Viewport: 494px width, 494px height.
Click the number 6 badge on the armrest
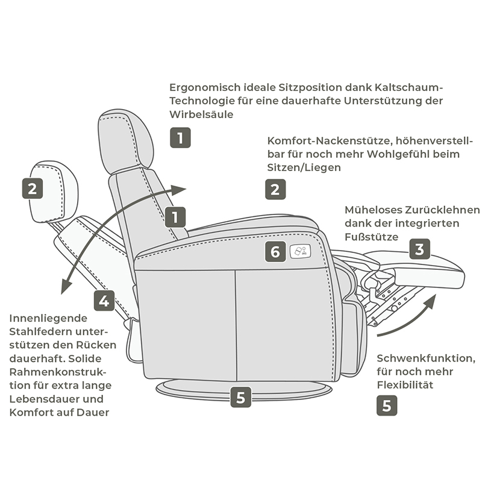275,251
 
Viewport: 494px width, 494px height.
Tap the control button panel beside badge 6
299,251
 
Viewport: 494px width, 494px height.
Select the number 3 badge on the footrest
419,249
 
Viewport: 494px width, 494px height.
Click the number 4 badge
104,300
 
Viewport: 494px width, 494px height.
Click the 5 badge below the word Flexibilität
387,405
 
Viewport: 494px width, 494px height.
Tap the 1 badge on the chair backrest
175,217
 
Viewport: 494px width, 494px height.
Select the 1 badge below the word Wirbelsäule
180,138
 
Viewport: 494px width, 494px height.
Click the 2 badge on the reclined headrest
33,189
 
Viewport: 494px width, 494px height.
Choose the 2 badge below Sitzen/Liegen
275,190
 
